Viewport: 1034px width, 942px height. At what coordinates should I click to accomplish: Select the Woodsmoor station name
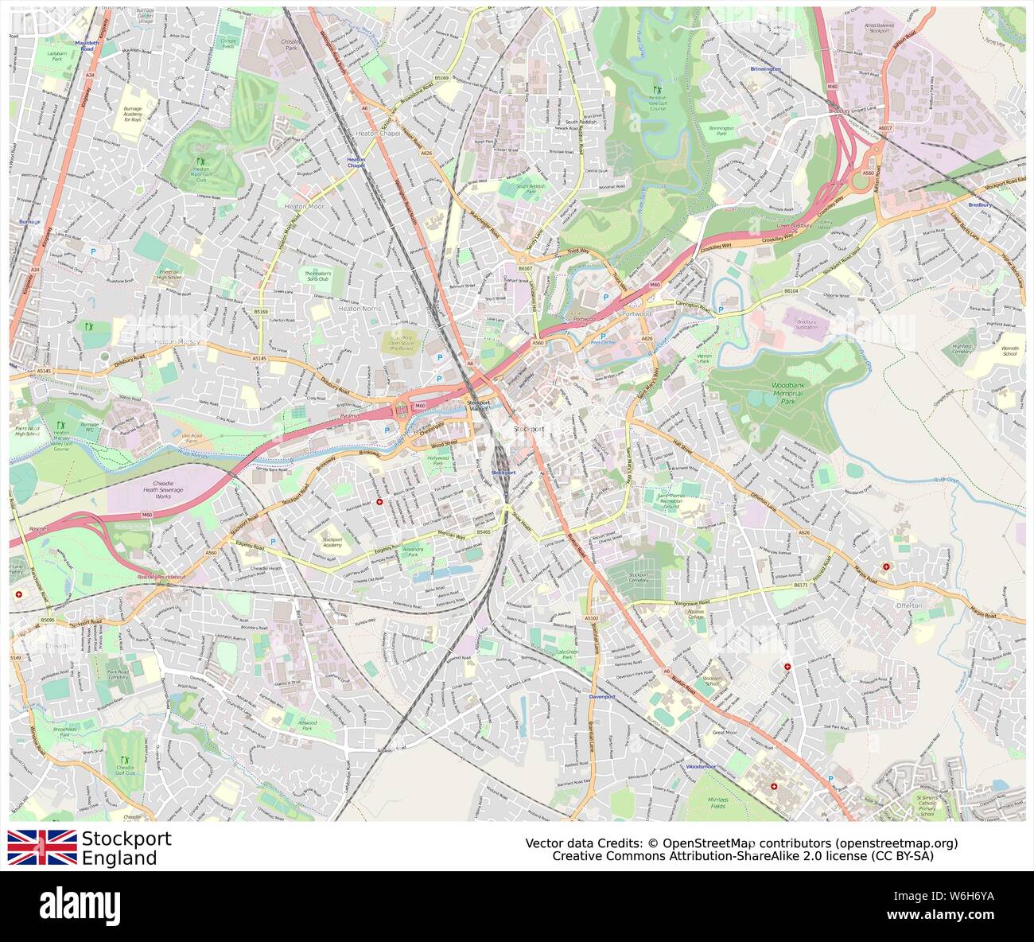701,766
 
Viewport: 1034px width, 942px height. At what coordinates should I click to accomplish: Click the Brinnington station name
765,69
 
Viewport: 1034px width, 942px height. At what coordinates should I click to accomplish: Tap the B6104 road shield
790,292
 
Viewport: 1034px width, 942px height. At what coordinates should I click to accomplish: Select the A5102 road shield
590,618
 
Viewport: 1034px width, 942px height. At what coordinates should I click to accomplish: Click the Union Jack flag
41,847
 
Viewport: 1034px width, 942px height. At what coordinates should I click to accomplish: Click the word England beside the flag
119,858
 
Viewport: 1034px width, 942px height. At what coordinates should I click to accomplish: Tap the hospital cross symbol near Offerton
886,566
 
